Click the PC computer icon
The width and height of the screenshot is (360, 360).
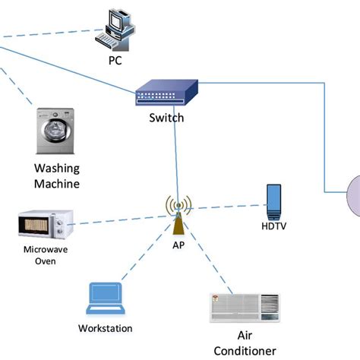tap(116, 27)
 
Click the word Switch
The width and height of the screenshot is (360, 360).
tap(167, 118)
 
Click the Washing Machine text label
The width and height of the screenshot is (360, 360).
tap(57, 175)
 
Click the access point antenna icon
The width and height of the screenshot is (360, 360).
tap(178, 215)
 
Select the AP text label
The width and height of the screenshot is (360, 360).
tap(178, 245)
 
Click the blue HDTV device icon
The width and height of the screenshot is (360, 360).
tap(273, 199)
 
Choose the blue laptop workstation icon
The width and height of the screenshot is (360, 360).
tap(104, 298)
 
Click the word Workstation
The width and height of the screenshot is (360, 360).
tap(106, 328)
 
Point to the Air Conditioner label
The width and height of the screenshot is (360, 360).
tap(245, 343)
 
